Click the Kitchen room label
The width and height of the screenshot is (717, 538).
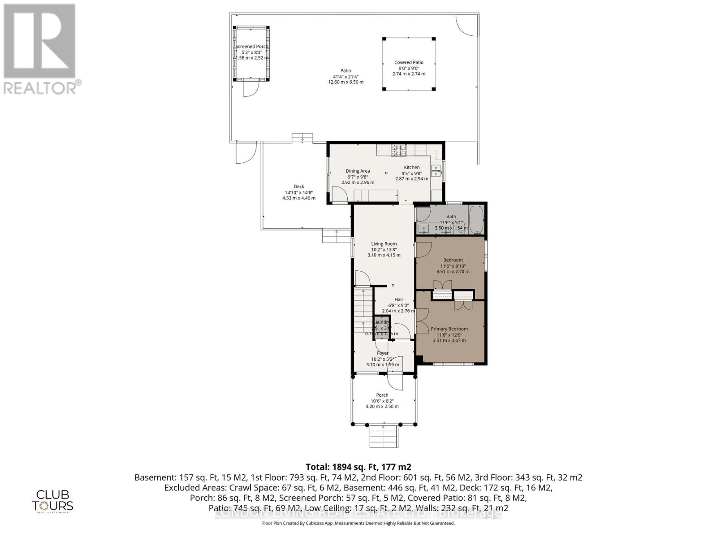click(411, 167)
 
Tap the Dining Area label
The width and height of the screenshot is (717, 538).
click(358, 171)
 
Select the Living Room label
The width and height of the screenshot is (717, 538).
click(384, 244)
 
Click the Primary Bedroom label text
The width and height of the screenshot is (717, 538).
click(449, 329)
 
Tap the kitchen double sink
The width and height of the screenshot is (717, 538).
click(435, 170)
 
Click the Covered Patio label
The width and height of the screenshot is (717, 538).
click(409, 63)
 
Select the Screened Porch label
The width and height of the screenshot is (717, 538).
click(252, 47)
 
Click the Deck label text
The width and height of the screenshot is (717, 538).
click(299, 187)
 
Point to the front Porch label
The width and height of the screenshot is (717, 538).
click(382, 395)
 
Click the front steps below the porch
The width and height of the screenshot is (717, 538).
click(384, 436)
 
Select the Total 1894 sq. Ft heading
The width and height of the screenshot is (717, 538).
click(358, 466)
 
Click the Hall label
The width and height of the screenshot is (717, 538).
click(398, 299)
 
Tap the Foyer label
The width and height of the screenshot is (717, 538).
click(382, 353)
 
